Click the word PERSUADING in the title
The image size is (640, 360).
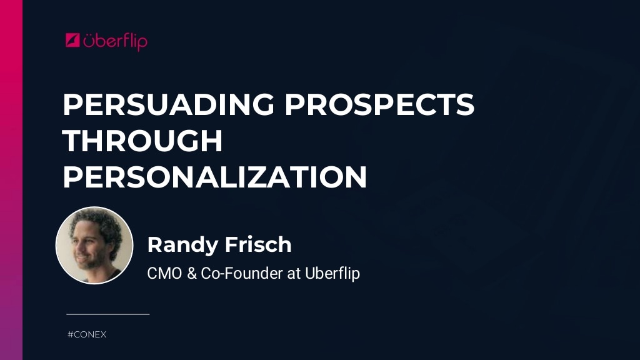[x=167, y=106]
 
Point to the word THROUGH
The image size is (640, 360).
[x=142, y=142]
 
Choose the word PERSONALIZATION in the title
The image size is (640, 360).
[x=214, y=177]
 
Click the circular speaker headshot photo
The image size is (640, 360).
[x=94, y=246]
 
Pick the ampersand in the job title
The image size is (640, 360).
[x=192, y=274]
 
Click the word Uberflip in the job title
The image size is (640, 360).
[x=332, y=274]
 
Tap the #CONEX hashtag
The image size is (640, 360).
[x=87, y=335]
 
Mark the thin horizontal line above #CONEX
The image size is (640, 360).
[x=107, y=314]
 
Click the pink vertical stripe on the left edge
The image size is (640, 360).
[x=11, y=180]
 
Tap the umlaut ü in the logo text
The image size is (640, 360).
[x=90, y=41]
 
